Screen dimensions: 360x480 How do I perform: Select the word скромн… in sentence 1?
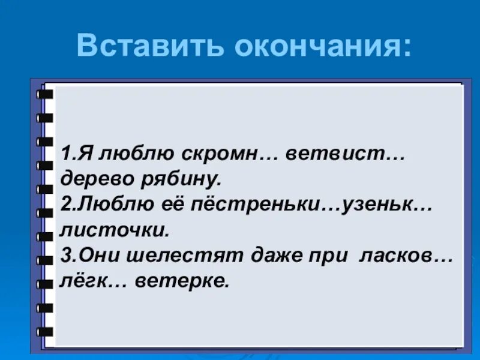coord(224,154)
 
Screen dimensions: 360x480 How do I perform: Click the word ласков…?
coord(405,255)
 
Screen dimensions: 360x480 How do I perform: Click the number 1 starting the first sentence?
coord(65,154)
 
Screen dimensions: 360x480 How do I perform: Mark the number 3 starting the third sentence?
coord(65,255)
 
